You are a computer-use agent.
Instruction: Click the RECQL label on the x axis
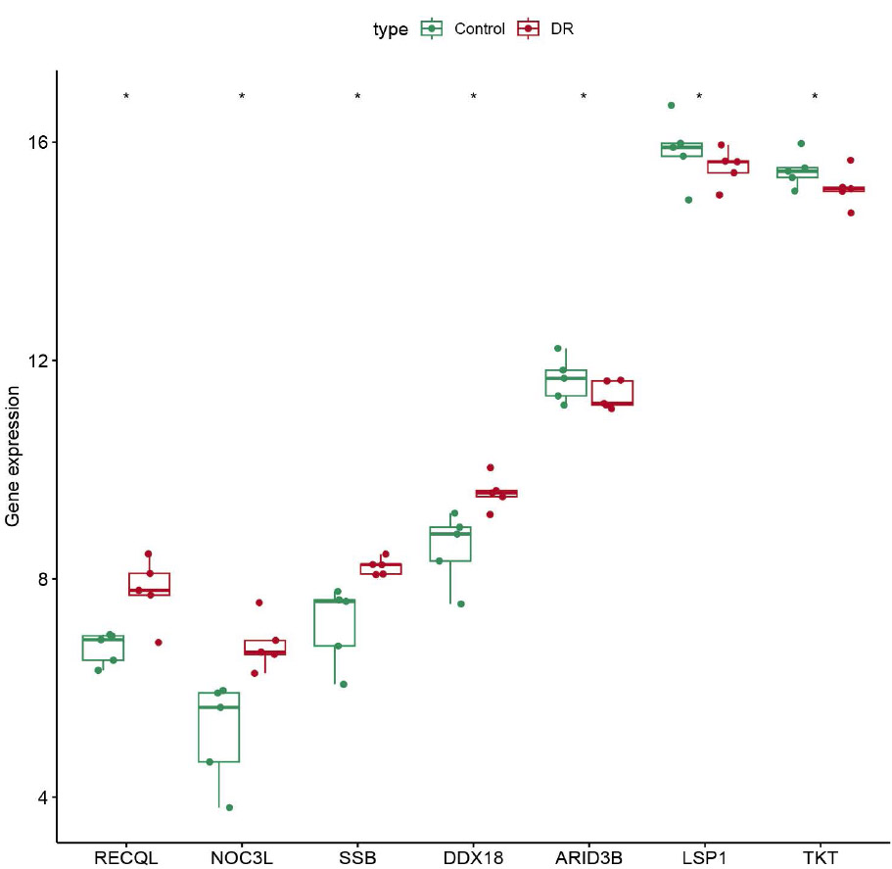point(126,858)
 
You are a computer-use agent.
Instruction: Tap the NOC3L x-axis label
point(242,858)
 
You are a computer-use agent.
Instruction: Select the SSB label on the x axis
point(357,858)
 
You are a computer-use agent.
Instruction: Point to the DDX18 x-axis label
point(473,858)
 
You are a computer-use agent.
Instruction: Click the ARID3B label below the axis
point(588,858)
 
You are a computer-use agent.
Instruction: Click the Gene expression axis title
point(13,457)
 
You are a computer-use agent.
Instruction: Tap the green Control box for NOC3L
point(218,727)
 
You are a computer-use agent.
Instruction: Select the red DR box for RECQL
point(149,584)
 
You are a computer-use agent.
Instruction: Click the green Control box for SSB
point(334,623)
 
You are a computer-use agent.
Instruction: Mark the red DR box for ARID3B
point(612,392)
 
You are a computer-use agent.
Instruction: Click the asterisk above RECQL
point(126,96)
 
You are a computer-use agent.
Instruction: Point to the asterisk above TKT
point(815,96)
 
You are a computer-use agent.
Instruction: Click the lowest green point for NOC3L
point(229,807)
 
